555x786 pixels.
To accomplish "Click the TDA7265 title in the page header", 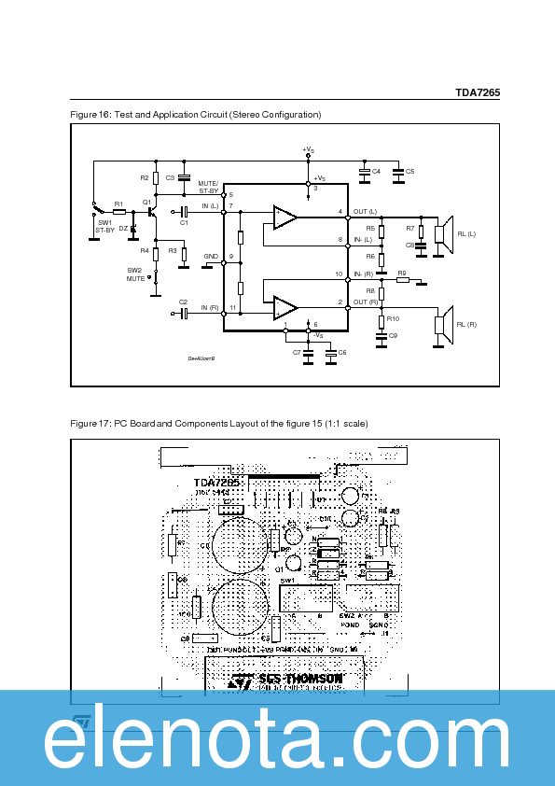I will [478, 92].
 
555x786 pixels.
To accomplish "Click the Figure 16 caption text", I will [196, 115].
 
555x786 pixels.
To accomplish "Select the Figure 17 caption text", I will [219, 424].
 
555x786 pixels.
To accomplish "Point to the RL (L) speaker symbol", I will [445, 233].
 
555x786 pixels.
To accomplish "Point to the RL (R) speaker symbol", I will [445, 323].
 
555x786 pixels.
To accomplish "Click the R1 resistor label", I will [118, 204].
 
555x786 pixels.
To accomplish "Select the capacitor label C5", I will [409, 172].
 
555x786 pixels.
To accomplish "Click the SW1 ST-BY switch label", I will [104, 226].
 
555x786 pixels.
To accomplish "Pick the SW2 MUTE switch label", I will [136, 274].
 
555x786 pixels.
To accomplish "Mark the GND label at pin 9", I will [211, 256].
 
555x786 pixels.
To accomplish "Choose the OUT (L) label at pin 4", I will [365, 212].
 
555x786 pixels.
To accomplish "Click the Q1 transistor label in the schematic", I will [146, 202].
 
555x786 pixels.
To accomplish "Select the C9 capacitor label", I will [393, 335].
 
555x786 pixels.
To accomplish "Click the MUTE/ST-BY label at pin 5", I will [208, 187].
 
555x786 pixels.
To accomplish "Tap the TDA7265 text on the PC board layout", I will [216, 483].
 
